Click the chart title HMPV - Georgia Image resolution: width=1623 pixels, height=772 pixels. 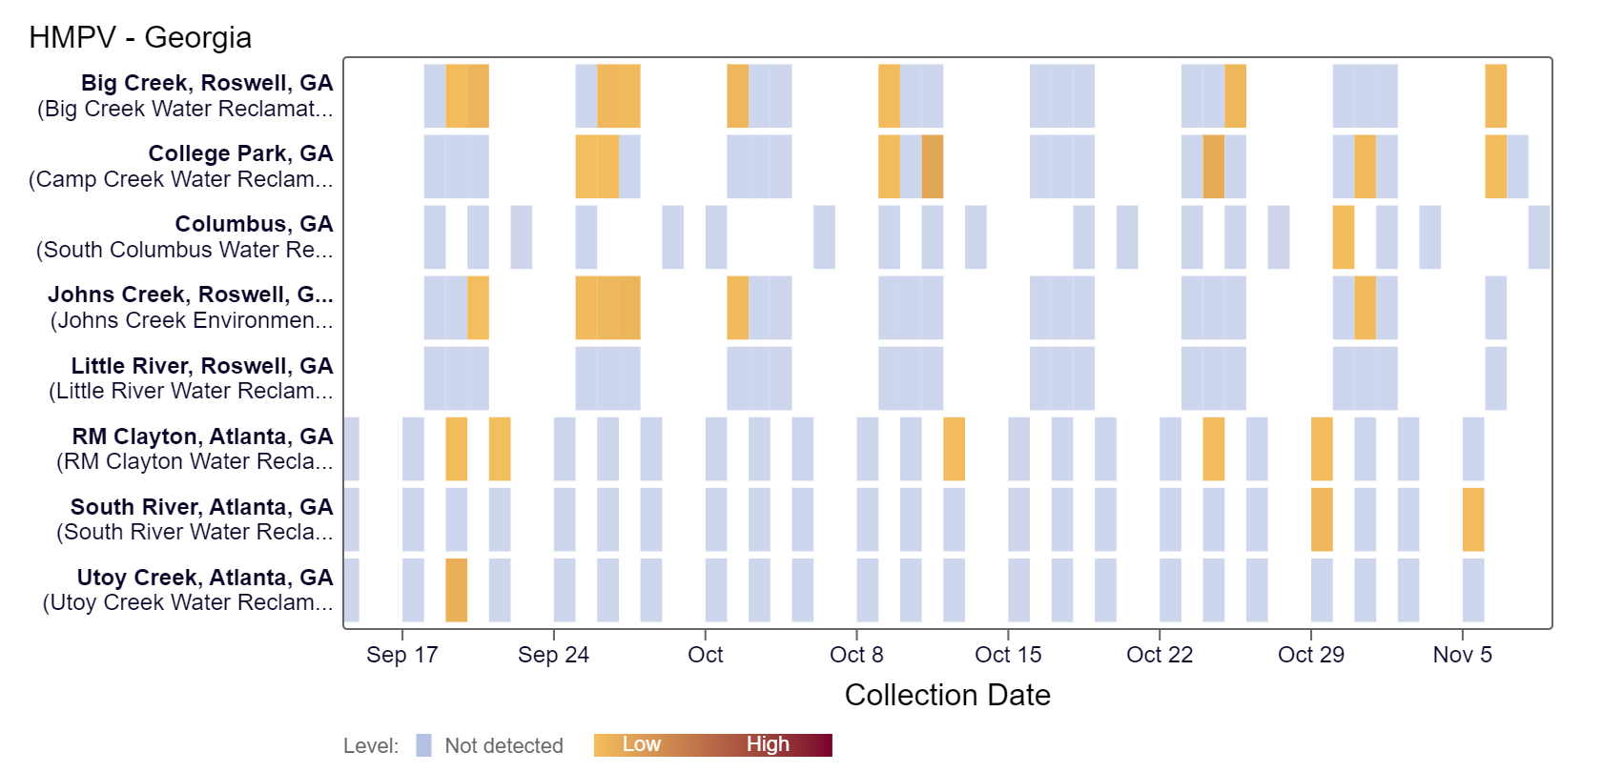(140, 37)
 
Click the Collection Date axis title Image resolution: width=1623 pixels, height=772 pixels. (947, 695)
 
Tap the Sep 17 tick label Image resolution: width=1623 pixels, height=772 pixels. (401, 655)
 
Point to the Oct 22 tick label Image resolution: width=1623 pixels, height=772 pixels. (1159, 655)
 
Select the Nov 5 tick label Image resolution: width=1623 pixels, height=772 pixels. (1462, 655)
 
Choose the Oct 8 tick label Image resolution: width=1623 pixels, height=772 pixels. (856, 655)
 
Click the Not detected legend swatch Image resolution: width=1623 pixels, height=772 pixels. (423, 745)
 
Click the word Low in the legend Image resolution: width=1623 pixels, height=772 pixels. (641, 744)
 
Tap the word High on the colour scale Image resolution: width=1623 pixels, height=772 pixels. (768, 744)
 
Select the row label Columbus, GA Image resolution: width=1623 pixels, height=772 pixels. (254, 224)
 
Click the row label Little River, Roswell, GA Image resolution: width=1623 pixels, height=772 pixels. (201, 366)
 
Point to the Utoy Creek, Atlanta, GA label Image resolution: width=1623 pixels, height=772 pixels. (205, 578)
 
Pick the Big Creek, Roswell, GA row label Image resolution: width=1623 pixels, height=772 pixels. (207, 83)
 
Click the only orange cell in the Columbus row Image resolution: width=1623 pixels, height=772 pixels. (1343, 237)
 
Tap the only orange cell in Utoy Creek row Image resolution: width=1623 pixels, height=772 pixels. (456, 590)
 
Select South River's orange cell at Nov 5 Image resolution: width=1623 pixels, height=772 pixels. (1472, 519)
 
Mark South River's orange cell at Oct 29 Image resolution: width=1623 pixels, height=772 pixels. (1321, 519)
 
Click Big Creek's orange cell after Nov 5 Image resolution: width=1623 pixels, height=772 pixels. (1495, 96)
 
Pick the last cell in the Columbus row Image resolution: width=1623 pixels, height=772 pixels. (1538, 237)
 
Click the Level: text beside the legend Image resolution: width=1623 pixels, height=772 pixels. (371, 745)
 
